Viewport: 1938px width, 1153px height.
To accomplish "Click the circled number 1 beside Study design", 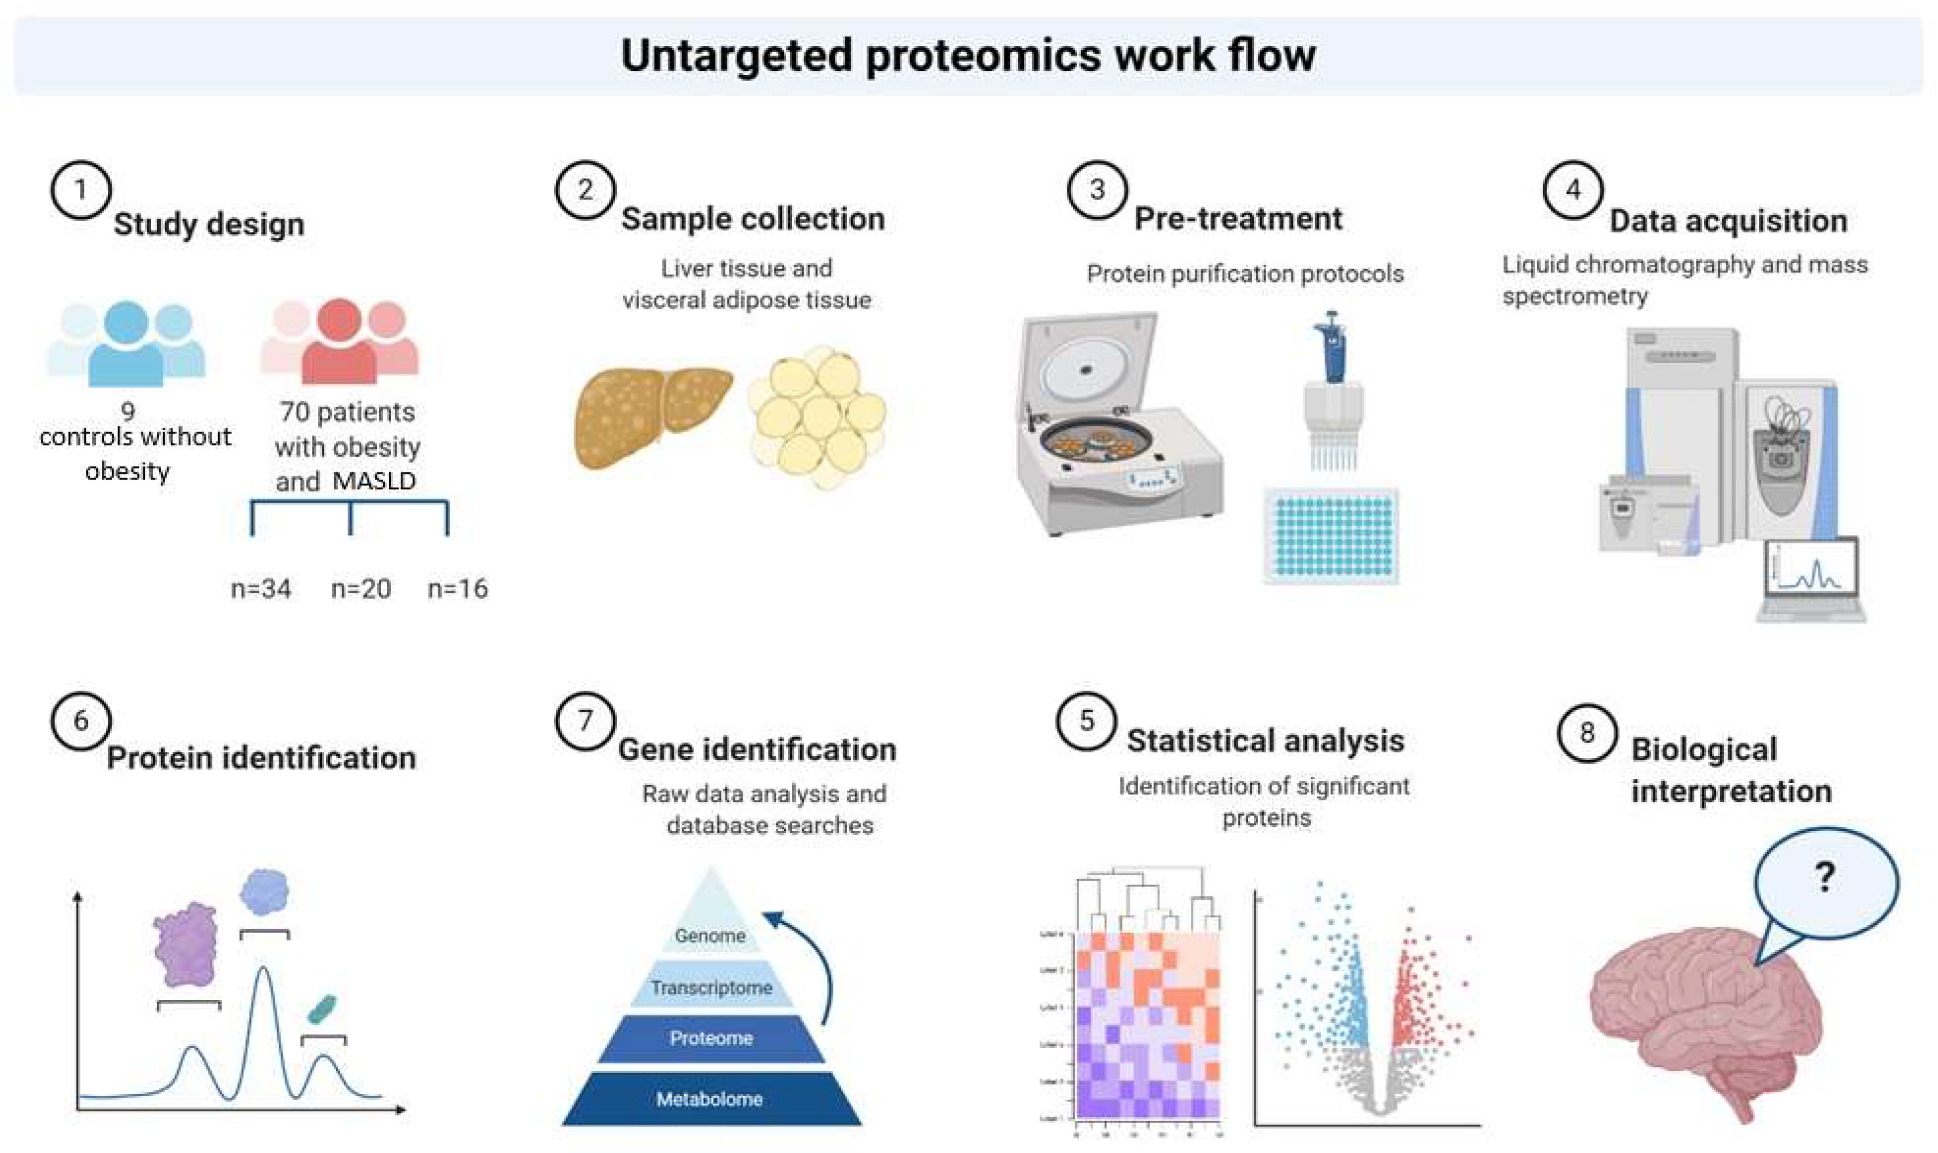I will point(81,190).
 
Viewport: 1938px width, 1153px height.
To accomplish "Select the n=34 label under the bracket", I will point(261,589).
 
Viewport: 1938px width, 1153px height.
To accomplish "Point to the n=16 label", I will point(457,589).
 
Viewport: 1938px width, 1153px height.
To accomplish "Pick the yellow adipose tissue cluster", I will point(818,416).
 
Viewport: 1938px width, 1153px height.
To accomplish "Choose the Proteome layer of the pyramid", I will point(711,1038).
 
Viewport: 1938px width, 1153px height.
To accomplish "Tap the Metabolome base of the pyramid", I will point(710,1098).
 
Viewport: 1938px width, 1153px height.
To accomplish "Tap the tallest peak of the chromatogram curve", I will point(264,971).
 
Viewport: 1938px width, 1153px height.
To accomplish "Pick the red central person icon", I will point(340,342).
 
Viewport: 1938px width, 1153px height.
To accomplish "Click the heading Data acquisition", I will point(1728,221).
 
